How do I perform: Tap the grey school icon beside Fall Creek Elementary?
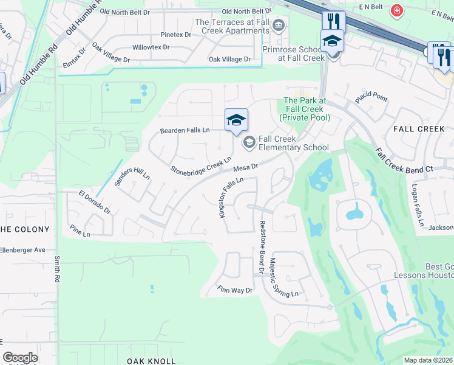pyautogui.click(x=248, y=143)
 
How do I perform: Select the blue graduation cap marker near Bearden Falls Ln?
pyautogui.click(x=236, y=120)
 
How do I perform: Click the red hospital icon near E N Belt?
pyautogui.click(x=397, y=11)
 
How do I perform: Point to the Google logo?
pyautogui.click(x=20, y=358)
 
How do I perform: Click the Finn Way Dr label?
pyautogui.click(x=234, y=290)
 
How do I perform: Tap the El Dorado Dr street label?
pyautogui.click(x=94, y=203)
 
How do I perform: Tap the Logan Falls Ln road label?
pyautogui.click(x=418, y=206)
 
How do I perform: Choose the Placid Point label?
pyautogui.click(x=371, y=97)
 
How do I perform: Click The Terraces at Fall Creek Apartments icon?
pyautogui.click(x=279, y=26)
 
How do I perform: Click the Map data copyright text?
pyautogui.click(x=429, y=360)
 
